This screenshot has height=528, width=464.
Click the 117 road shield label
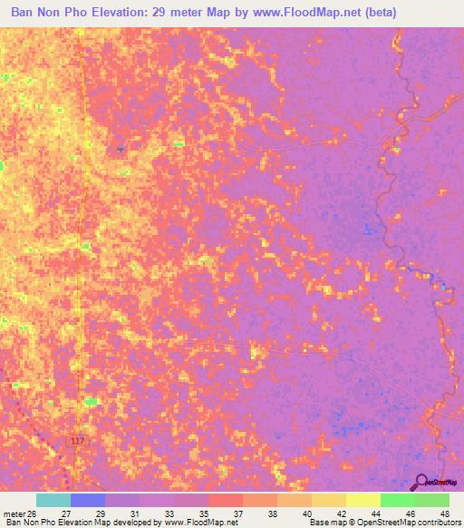click(x=78, y=441)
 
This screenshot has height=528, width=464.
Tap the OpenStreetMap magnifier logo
click(x=421, y=481)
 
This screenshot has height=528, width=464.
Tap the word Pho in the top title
click(x=83, y=13)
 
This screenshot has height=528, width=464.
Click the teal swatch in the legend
click(x=53, y=500)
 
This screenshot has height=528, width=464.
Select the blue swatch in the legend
click(x=88, y=500)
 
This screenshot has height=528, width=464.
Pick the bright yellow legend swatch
click(x=362, y=500)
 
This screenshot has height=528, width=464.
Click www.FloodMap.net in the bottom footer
click(x=198, y=523)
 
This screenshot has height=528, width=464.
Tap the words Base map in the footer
click(x=324, y=523)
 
